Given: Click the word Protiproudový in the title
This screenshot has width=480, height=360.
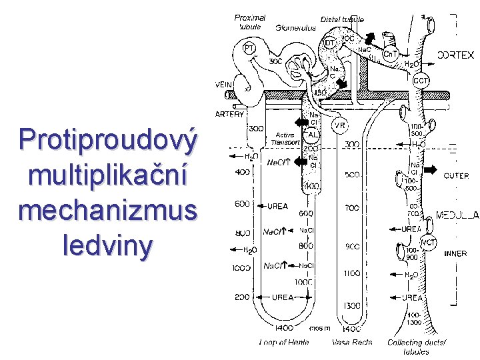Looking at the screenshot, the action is (109, 140).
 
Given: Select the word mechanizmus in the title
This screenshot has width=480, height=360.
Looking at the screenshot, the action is (109, 210).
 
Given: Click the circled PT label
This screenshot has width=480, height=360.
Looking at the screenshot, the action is (248, 49).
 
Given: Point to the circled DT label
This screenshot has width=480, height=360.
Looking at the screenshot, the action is (331, 43).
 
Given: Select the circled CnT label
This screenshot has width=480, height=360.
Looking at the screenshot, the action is (391, 54).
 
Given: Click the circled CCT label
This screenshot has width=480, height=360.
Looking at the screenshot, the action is (421, 81).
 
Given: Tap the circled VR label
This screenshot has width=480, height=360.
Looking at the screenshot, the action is (339, 125).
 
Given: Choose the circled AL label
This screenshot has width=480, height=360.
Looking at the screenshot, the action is (313, 134).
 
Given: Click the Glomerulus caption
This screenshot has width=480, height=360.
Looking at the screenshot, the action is (295, 29).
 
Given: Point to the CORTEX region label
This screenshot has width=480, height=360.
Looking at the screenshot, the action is (456, 55).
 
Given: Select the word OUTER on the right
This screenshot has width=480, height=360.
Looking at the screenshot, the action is (457, 176).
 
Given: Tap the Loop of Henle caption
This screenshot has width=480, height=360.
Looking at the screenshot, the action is (285, 343).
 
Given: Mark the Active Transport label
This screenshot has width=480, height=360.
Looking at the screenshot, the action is (288, 138).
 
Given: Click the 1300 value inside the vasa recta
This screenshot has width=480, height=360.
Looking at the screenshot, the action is (353, 305).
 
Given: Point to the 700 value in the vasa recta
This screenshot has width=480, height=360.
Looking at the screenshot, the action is (353, 209).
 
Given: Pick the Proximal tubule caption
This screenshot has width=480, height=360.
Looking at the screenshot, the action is (250, 22).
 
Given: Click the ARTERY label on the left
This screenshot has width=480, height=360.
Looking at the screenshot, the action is (229, 114).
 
